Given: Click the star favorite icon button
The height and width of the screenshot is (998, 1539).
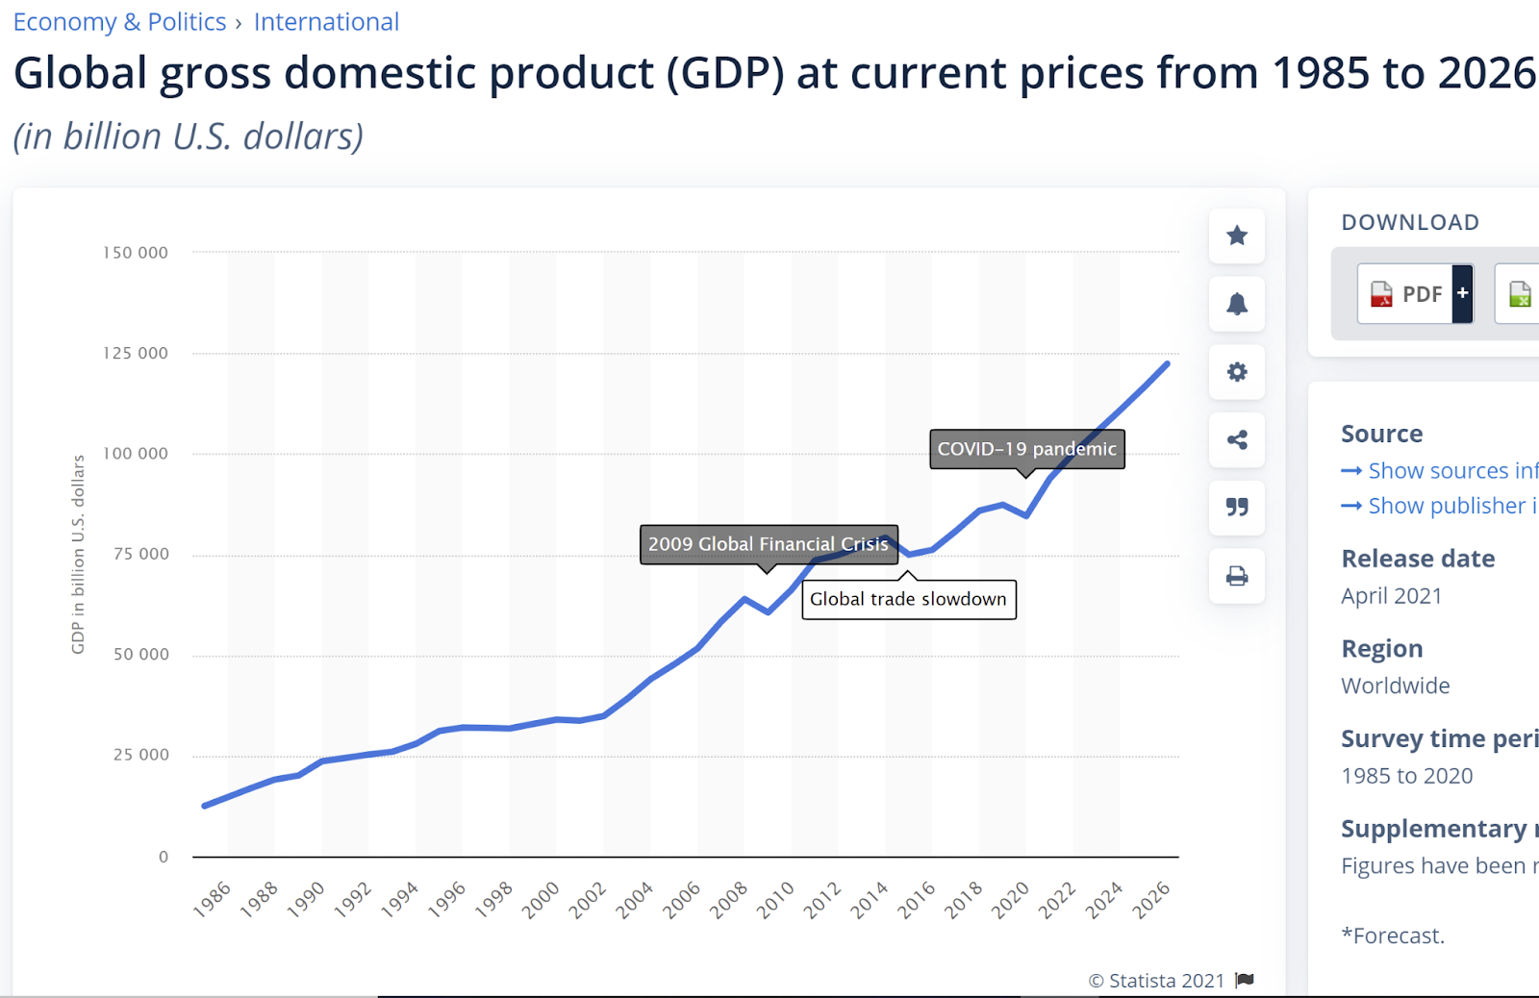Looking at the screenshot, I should (x=1237, y=236).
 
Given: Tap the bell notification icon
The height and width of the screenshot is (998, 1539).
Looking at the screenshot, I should (x=1237, y=304).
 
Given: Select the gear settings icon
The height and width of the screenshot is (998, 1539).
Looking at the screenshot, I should (x=1237, y=372).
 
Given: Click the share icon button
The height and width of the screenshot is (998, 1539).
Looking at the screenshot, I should (x=1237, y=440).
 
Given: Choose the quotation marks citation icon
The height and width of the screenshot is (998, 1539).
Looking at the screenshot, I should (x=1237, y=507).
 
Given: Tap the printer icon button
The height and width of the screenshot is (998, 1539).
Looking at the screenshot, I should (x=1237, y=576).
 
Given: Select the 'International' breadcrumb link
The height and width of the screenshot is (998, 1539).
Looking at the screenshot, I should (x=326, y=22).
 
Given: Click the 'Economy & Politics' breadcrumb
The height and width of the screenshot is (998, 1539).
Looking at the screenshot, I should (x=119, y=22).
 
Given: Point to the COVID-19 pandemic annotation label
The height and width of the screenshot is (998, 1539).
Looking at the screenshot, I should (x=1026, y=449).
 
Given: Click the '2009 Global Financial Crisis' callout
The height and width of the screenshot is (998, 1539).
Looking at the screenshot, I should (x=768, y=544).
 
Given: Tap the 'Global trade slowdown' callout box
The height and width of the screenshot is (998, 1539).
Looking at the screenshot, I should (x=908, y=599).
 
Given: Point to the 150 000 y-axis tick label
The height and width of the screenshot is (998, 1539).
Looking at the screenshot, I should (x=136, y=253).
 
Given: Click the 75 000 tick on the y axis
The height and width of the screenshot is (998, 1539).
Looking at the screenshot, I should (x=140, y=554).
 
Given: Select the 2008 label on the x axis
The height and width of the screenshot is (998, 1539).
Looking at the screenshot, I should (x=729, y=900).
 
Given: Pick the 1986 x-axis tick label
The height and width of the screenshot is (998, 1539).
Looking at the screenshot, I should (x=213, y=900).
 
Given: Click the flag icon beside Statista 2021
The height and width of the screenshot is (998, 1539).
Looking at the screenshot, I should (x=1245, y=980).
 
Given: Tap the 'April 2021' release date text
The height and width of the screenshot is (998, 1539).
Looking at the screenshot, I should (x=1391, y=596).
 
